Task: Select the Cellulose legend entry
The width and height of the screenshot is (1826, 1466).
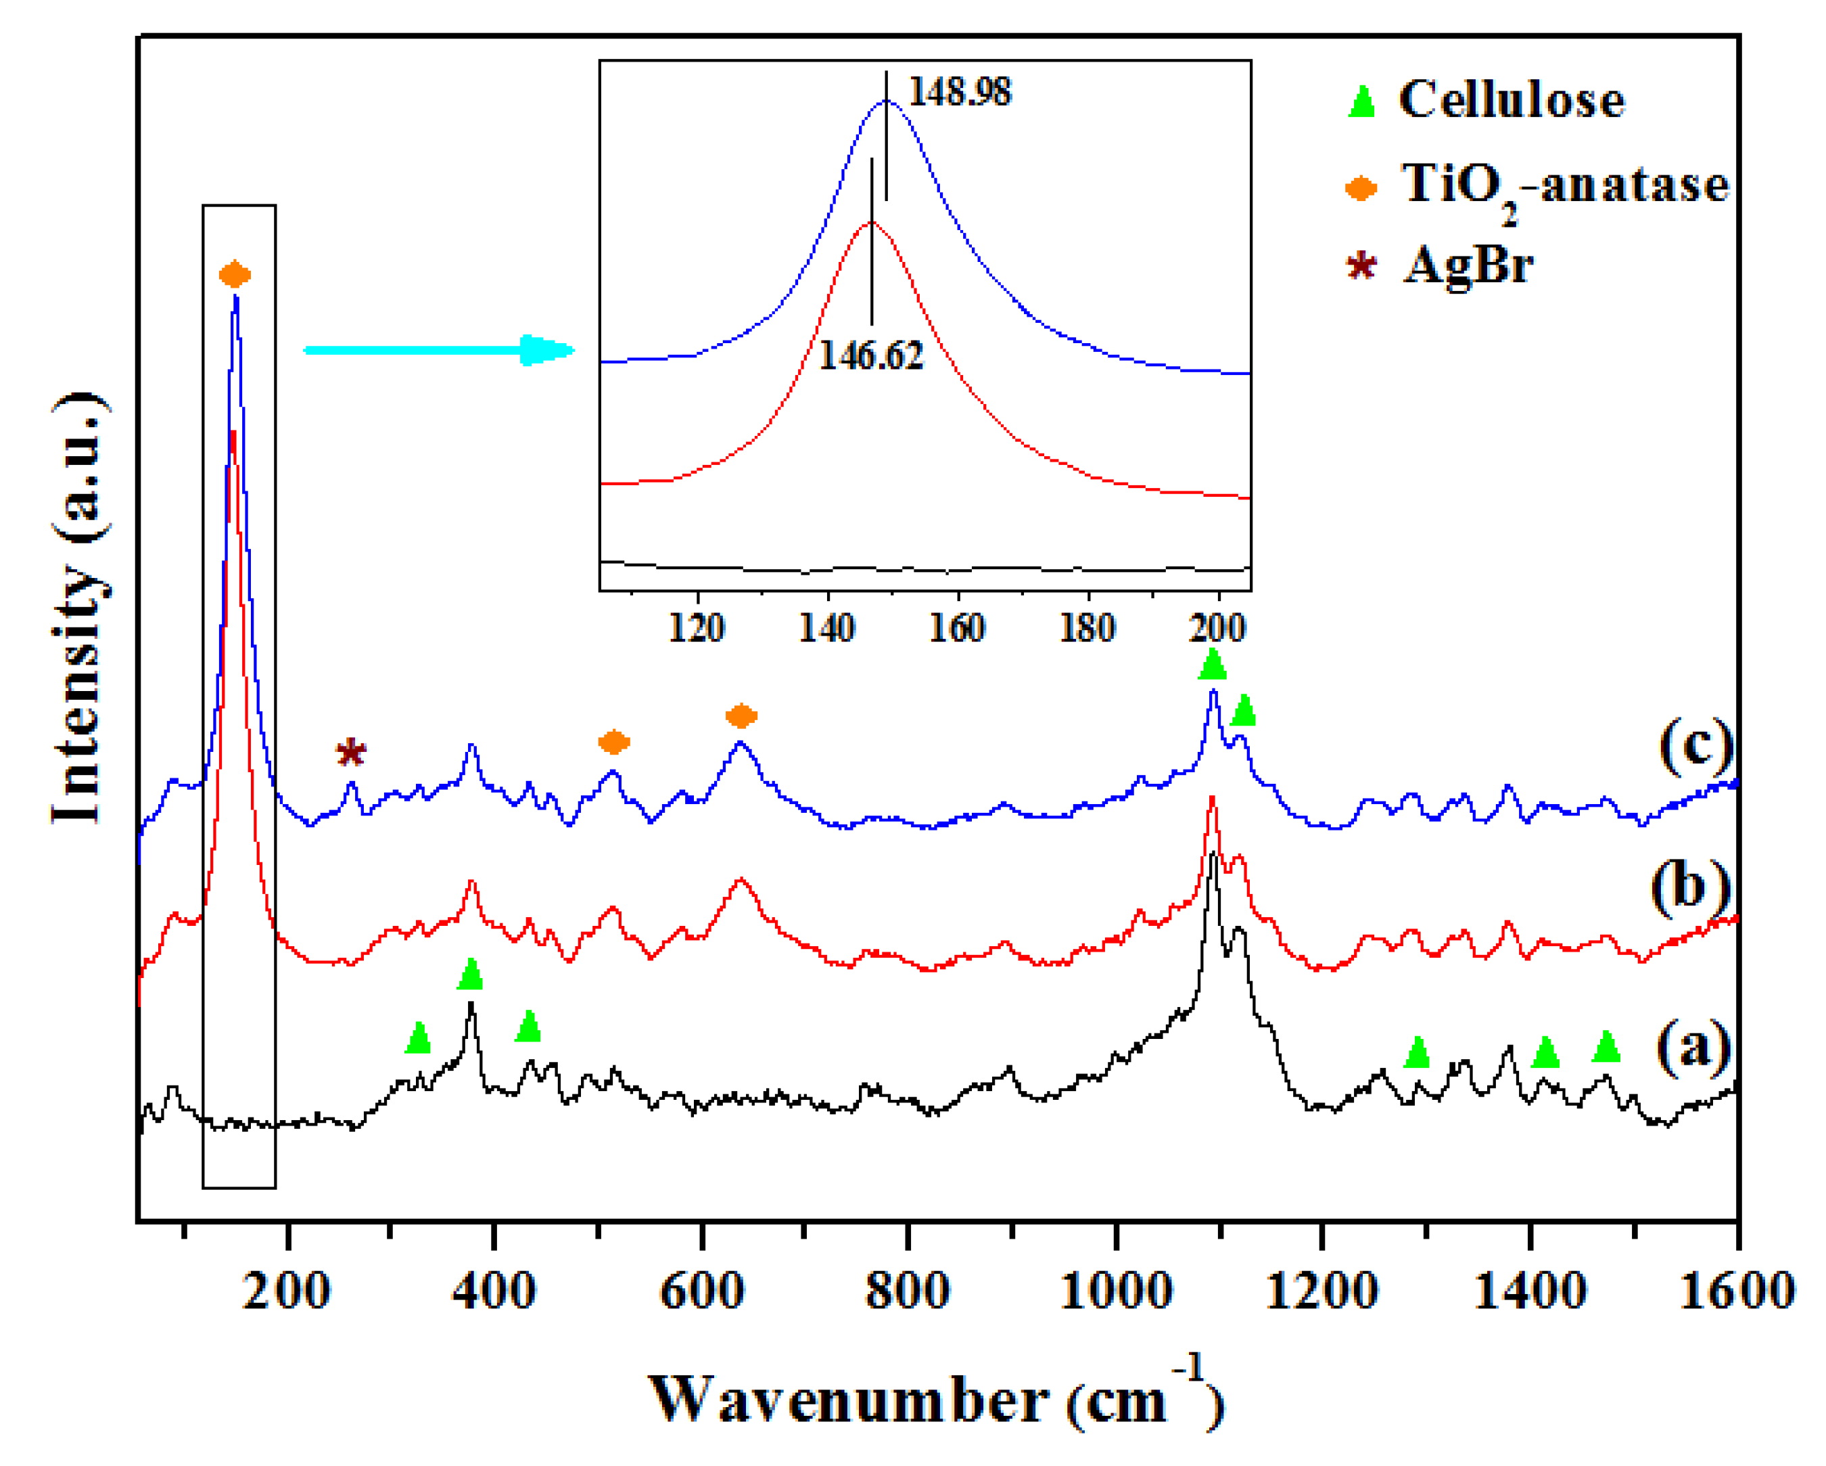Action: pos(1510,100)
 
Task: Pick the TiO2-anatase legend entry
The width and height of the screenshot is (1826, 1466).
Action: pos(1564,185)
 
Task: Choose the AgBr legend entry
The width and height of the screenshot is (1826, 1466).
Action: pos(1468,265)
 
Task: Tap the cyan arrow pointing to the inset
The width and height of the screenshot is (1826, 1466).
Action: pos(439,350)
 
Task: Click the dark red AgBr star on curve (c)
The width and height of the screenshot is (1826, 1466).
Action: pos(350,753)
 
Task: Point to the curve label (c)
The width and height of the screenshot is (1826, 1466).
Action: pos(1695,746)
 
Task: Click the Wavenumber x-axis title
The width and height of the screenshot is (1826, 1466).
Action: pos(936,1400)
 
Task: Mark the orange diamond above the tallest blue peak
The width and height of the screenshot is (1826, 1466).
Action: pos(235,275)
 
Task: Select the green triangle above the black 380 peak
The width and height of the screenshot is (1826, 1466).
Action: pos(470,975)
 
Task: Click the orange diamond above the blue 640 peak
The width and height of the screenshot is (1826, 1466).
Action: pos(741,716)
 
